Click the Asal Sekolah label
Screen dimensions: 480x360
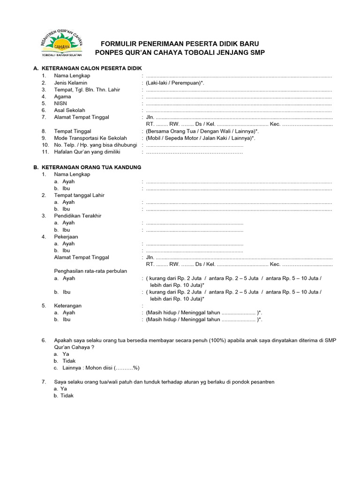point(69,110)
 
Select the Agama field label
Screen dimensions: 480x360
point(62,97)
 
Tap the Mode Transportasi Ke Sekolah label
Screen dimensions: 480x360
point(90,138)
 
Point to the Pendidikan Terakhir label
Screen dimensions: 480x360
point(78,216)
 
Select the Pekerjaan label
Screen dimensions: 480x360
point(66,237)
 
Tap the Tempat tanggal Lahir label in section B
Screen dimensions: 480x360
point(79,195)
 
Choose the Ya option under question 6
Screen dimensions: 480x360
point(66,354)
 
